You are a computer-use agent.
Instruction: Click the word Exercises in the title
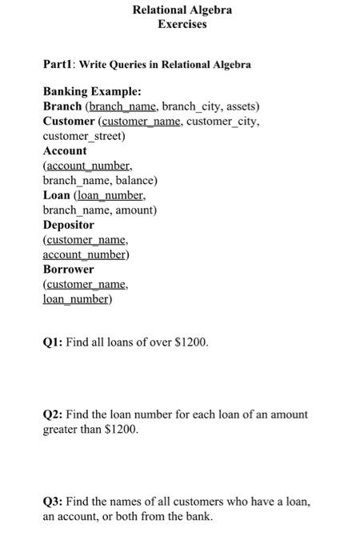point(182,24)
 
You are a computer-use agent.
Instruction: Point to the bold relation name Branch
point(62,106)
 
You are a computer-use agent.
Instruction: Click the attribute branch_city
point(190,106)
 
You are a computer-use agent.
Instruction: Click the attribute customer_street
point(82,136)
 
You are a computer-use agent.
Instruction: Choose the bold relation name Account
point(65,150)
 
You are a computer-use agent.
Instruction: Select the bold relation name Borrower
point(68,270)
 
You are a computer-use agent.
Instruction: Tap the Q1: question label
point(53,342)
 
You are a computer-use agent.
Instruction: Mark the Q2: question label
point(53,414)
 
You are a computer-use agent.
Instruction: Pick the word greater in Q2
point(60,430)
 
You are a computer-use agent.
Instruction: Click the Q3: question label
point(53,502)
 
